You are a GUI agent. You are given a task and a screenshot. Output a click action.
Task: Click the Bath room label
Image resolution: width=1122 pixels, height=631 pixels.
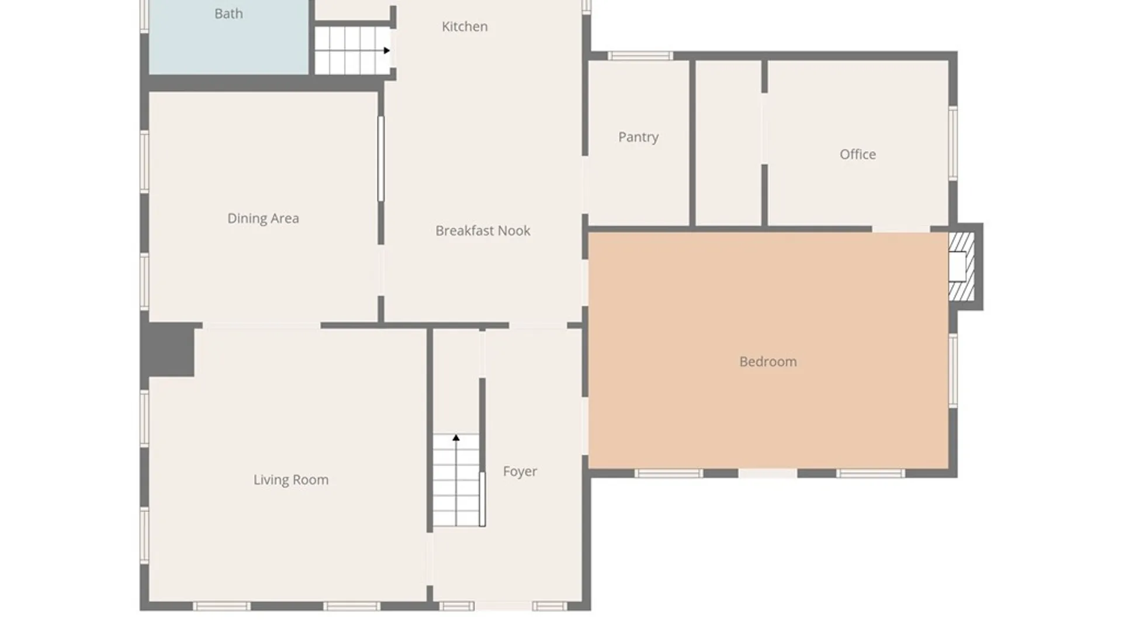click(228, 13)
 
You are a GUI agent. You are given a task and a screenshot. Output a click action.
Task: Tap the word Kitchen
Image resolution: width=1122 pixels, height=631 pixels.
click(465, 26)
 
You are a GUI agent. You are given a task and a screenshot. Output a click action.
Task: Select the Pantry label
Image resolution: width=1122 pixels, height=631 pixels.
click(638, 137)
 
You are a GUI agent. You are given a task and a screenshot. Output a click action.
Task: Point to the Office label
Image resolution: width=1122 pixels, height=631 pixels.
click(857, 154)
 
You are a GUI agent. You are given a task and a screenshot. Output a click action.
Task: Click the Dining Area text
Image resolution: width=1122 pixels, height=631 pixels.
click(263, 219)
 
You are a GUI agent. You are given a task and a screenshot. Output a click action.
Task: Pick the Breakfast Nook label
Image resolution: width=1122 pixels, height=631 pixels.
click(483, 231)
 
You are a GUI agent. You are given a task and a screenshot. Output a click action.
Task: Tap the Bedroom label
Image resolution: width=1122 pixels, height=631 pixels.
click(768, 362)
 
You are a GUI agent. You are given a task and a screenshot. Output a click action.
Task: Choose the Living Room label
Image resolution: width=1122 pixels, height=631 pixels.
click(290, 480)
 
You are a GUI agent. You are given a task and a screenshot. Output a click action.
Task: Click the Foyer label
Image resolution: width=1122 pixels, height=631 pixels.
click(520, 471)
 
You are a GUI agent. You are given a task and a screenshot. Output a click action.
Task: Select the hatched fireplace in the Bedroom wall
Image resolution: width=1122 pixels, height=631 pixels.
click(961, 266)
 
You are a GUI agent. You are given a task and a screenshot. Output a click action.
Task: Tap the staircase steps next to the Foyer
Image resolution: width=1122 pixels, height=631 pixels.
click(456, 480)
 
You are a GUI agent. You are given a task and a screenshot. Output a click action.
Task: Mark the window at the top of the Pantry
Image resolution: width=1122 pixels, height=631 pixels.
click(640, 56)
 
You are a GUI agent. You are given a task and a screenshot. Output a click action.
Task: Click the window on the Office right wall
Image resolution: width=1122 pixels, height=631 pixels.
click(953, 143)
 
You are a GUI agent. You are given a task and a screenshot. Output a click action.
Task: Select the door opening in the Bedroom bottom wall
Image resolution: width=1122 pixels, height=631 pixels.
click(768, 473)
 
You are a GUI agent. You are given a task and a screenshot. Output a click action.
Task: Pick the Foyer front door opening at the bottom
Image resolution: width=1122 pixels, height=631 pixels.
click(503, 606)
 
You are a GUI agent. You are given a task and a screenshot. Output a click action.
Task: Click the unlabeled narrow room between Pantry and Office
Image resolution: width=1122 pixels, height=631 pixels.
click(728, 143)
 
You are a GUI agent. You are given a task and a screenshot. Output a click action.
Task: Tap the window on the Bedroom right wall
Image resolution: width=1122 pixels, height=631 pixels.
click(953, 370)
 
